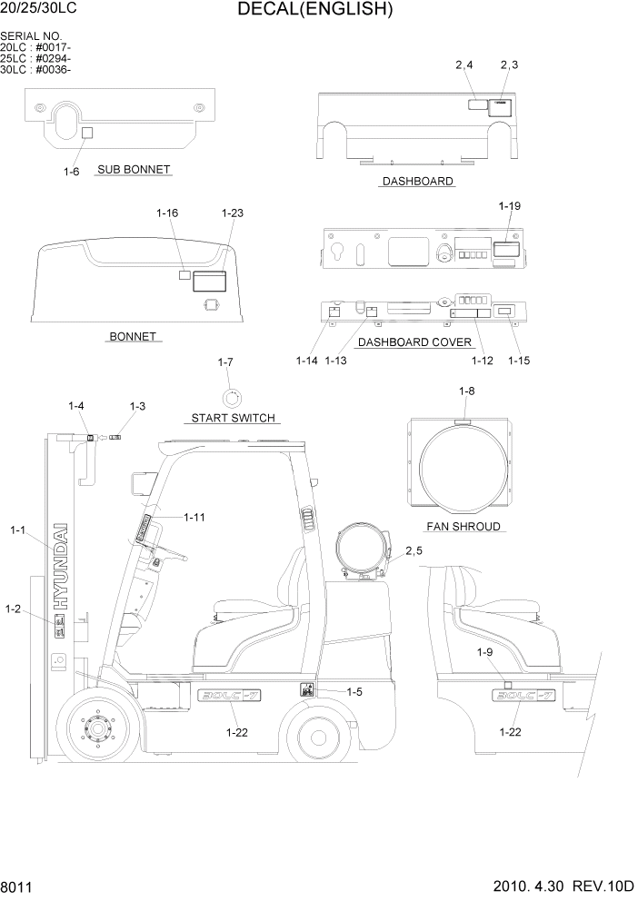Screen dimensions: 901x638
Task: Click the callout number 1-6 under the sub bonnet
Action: click(x=72, y=171)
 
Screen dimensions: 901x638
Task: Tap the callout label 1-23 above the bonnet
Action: click(x=232, y=213)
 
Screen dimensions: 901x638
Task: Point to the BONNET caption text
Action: click(x=134, y=337)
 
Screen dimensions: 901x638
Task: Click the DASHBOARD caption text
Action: click(x=417, y=182)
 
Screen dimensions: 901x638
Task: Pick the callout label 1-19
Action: click(x=509, y=206)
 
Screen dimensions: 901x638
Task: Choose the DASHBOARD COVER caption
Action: click(x=414, y=342)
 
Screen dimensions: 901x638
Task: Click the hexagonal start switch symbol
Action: click(x=233, y=397)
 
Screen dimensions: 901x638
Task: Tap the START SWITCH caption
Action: click(x=232, y=419)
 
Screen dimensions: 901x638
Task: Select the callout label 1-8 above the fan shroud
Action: click(x=466, y=391)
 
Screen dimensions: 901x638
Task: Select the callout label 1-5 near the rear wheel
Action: click(x=354, y=691)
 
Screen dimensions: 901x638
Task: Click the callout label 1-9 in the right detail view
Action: click(x=485, y=652)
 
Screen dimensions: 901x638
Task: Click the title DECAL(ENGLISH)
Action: click(x=315, y=11)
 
